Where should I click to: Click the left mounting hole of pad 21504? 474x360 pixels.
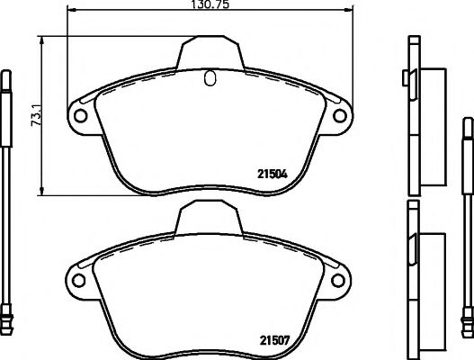79,116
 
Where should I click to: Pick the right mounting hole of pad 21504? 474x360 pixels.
341,116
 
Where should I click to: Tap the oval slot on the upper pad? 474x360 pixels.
210,78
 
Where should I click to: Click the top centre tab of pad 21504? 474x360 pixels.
210,49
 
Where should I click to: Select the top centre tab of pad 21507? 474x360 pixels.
210,214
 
